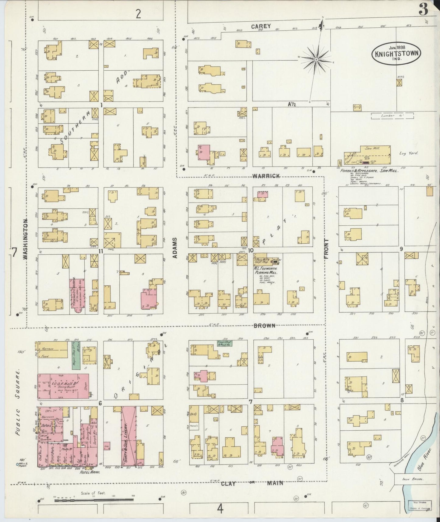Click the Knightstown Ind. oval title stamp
(x=396, y=54)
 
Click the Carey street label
(x=261, y=26)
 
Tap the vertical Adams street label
(x=175, y=249)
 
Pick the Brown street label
(x=264, y=326)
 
